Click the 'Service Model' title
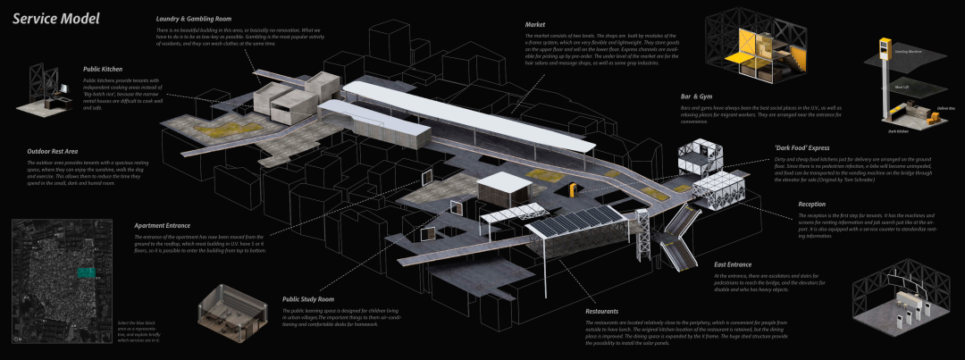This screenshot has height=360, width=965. click(x=50, y=19)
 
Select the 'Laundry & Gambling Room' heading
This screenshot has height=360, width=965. click(x=195, y=19)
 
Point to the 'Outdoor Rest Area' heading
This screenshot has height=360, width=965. click(x=53, y=151)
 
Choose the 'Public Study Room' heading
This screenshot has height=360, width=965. click(x=308, y=299)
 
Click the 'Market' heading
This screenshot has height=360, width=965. click(x=537, y=24)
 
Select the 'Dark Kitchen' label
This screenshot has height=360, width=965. click(x=899, y=130)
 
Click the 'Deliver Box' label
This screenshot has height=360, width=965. click(x=946, y=108)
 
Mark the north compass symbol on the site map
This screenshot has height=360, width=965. click(x=20, y=337)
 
